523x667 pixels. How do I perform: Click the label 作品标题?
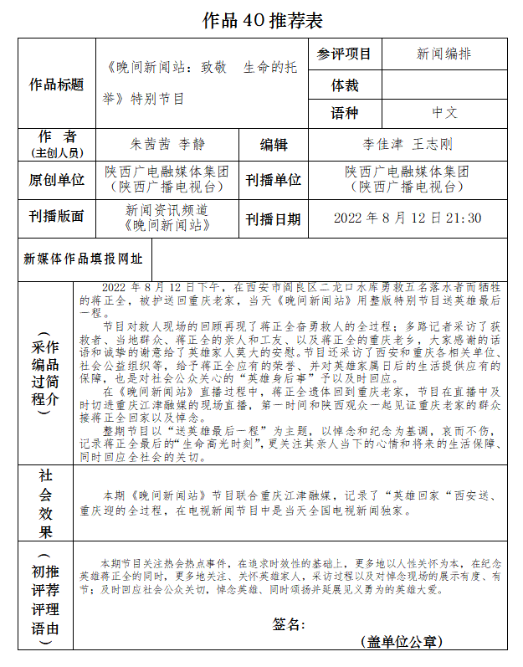click(57, 85)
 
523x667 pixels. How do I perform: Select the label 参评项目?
click(344, 54)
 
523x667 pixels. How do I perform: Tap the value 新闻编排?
click(444, 54)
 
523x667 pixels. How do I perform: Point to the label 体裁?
click(344, 85)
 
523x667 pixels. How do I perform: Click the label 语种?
click(344, 113)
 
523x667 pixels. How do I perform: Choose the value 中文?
click(444, 113)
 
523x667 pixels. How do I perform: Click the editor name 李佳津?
click(383, 144)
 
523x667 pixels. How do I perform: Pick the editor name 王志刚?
click(433, 144)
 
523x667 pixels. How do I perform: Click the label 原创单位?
click(57, 180)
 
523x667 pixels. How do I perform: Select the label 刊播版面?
click(57, 217)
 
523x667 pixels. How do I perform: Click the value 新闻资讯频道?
click(167, 210)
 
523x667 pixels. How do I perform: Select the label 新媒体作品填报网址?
click(83, 259)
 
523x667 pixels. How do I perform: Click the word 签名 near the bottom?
click(289, 624)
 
